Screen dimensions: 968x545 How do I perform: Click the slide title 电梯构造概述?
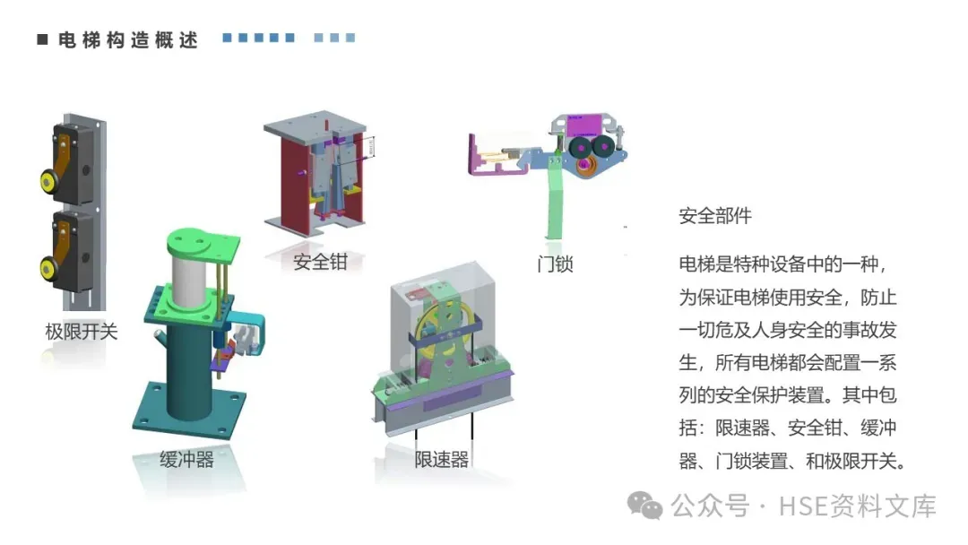[x=126, y=40]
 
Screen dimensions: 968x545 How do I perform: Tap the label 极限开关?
[x=82, y=332]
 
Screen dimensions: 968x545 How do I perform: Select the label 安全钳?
[x=320, y=263]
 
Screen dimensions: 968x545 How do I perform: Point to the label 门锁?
[x=555, y=264]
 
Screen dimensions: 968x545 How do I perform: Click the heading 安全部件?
[x=715, y=216]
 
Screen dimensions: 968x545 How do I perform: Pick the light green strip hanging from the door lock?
[x=557, y=202]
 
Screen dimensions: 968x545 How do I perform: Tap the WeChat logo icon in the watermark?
[x=645, y=506]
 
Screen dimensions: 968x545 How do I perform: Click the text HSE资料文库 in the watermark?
[x=857, y=506]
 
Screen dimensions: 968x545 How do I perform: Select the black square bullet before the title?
[x=41, y=40]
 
